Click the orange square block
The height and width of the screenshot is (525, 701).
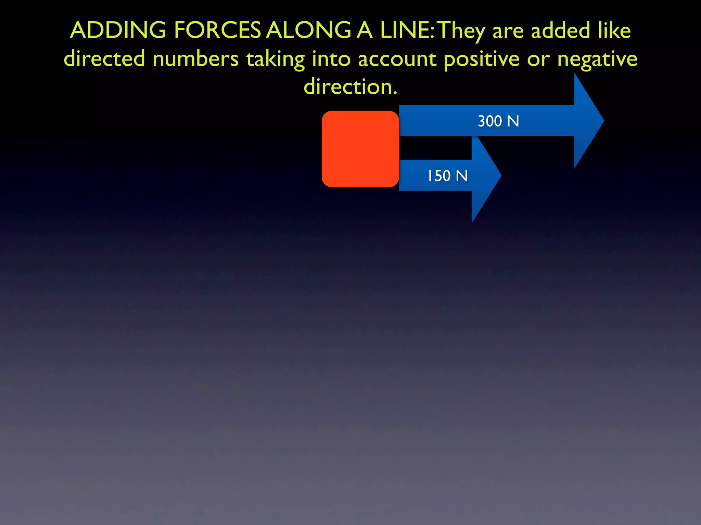click(360, 149)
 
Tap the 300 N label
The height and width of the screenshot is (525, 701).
click(498, 121)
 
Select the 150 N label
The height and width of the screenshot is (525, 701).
click(447, 176)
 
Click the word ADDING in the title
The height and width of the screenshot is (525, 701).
click(118, 30)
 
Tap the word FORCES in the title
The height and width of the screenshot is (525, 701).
click(217, 30)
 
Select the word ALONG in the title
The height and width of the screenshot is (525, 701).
click(308, 30)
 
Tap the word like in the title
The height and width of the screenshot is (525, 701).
click(614, 30)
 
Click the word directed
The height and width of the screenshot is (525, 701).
click(104, 58)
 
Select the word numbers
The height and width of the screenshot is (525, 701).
click(195, 59)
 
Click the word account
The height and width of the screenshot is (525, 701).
click(397, 59)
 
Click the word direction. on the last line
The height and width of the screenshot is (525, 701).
click(350, 86)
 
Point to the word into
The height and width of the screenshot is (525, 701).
click(331, 58)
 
